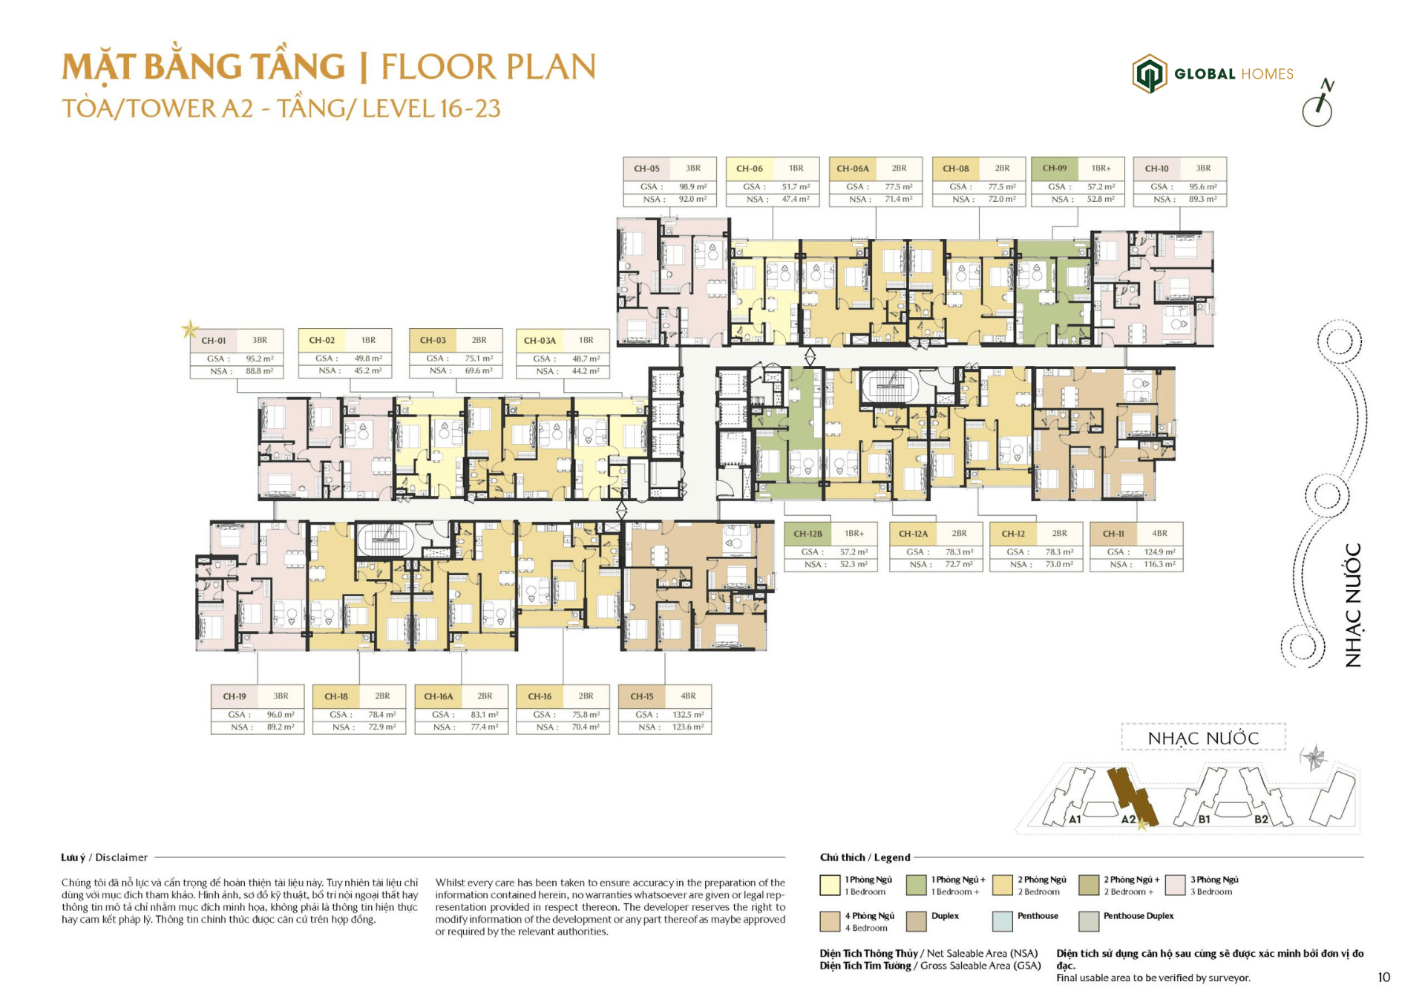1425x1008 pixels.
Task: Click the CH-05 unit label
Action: click(646, 168)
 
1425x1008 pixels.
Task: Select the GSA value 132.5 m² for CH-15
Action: click(688, 715)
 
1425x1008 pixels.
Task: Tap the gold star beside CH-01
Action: click(190, 329)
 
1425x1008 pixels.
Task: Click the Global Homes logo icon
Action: click(1149, 73)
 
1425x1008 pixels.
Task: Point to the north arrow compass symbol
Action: click(1318, 104)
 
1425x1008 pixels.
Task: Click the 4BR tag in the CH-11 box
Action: click(1159, 534)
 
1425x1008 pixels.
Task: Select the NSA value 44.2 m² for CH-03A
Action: click(586, 371)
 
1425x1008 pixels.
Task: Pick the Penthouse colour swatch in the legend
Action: click(1002, 921)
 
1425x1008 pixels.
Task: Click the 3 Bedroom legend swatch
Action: click(1175, 885)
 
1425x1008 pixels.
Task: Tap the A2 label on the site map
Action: click(1128, 819)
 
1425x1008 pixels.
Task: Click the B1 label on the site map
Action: click(1204, 819)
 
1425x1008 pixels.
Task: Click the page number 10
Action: click(1383, 978)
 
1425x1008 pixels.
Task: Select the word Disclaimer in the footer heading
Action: click(122, 857)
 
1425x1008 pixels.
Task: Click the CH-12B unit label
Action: click(807, 534)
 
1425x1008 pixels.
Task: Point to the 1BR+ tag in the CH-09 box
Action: click(1101, 168)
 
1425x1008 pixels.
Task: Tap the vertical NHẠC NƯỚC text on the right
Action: click(1353, 605)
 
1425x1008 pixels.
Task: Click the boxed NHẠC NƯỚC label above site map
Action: click(1203, 739)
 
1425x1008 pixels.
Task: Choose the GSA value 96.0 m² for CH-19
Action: click(281, 715)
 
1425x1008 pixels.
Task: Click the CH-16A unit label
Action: click(438, 697)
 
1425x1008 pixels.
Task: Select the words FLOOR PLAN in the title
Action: click(488, 68)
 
